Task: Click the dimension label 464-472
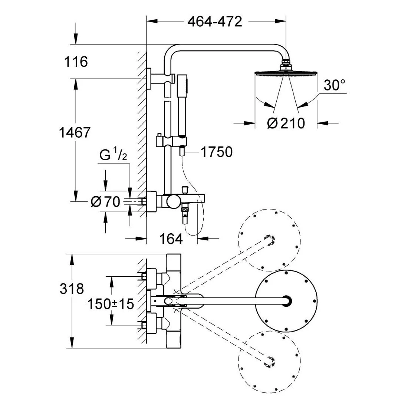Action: click(x=215, y=21)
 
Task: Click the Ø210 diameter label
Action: click(x=286, y=123)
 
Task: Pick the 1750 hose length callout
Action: click(x=217, y=152)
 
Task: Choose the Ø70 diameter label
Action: click(x=105, y=202)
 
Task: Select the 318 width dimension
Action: click(x=72, y=289)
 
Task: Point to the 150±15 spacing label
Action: click(x=111, y=304)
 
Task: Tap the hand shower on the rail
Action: click(x=182, y=104)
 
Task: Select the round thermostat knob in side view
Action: click(x=172, y=201)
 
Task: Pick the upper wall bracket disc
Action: click(x=149, y=79)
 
